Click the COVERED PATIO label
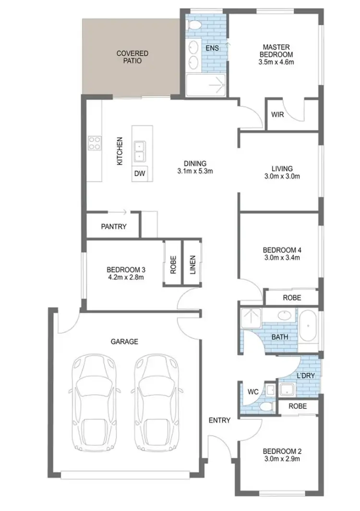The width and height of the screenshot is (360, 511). pos(132,57)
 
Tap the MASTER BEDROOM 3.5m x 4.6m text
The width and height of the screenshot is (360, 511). pos(276,54)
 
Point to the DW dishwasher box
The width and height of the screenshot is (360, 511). pos(140,173)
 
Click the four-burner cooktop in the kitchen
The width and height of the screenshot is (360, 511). pos(95,143)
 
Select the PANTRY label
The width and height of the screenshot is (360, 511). pos(114,226)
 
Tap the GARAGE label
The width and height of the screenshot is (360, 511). pos(124,342)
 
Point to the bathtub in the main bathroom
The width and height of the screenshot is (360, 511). pos(308,326)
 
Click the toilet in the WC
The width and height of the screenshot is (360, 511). pos(264,407)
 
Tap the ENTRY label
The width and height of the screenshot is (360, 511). pos(219,420)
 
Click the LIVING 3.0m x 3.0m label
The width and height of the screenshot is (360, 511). pos(281,172)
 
